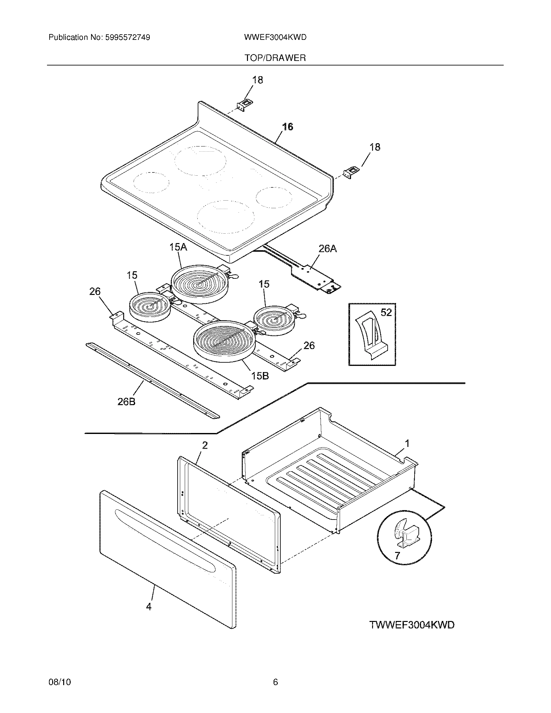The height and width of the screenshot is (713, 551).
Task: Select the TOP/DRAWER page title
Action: [275, 58]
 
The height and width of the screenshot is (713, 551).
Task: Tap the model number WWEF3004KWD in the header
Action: [275, 38]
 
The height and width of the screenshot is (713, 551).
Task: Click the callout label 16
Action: [287, 127]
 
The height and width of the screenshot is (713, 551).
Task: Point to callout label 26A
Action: [328, 249]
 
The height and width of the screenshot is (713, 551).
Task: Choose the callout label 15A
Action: [178, 247]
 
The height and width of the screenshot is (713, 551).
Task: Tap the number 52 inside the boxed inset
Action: [386, 312]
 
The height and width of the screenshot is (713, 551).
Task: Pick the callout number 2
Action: [205, 445]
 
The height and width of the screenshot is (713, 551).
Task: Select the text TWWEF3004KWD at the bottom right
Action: [412, 625]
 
